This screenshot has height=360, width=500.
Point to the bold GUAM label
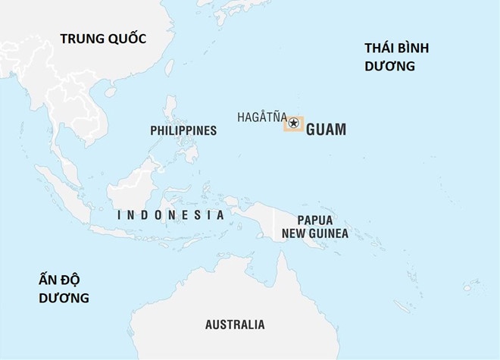[x=326, y=130]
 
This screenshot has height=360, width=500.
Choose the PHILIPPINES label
[x=183, y=130]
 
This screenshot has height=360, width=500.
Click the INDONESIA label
[x=171, y=215]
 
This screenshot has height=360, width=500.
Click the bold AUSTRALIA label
[x=235, y=324]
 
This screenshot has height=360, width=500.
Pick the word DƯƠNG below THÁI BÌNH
[x=389, y=66]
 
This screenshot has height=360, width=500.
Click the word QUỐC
[x=126, y=39]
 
